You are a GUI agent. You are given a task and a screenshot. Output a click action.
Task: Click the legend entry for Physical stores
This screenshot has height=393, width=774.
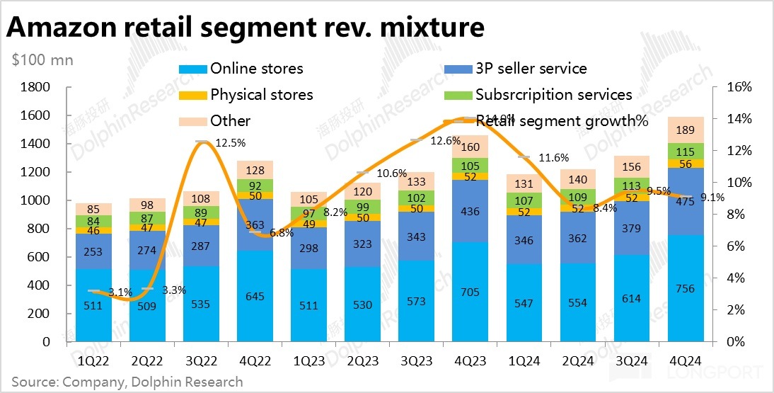point(261,94)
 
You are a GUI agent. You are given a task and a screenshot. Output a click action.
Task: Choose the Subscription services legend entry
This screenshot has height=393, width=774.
point(553,94)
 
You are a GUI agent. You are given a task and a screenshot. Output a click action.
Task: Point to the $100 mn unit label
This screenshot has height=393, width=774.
point(42,59)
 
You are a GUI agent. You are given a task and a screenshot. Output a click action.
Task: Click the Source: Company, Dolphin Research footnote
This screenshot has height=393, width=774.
point(127,382)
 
